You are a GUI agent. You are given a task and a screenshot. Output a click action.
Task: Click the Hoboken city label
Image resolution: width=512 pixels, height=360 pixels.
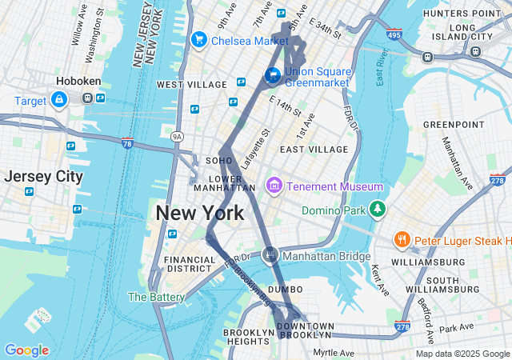click(78, 81)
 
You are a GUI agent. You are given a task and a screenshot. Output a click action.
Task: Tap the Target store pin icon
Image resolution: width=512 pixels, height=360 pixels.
click(58, 99)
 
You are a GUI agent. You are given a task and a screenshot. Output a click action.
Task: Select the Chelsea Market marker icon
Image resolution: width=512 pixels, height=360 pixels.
click(198, 39)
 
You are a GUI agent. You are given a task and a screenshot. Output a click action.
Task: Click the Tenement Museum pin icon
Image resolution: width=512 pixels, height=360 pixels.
click(274, 186)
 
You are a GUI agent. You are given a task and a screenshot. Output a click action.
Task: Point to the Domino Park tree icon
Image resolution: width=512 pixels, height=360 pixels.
click(377, 210)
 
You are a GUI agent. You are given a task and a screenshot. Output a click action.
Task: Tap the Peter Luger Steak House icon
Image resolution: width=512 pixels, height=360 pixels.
click(402, 239)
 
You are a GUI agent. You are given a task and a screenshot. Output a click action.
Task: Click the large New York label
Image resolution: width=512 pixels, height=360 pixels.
click(199, 213)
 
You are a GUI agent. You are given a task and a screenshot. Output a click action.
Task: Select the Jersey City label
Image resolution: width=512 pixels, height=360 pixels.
click(44, 176)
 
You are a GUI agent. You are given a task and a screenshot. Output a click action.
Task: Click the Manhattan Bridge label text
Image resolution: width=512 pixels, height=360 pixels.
click(326, 256)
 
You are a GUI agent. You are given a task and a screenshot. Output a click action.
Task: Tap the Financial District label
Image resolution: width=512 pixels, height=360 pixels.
click(190, 264)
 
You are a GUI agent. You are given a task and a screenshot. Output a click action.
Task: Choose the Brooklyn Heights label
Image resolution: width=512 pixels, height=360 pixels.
click(249, 337)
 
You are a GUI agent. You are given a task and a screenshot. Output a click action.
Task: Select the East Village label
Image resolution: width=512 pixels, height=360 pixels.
click(314, 149)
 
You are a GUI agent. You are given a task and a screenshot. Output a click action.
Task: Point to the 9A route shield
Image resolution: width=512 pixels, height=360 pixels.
click(178, 137)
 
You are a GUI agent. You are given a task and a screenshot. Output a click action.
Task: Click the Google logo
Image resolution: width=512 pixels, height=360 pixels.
click(26, 350)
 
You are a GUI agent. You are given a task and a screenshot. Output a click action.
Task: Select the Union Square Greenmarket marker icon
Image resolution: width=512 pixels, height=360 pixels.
click(273, 75)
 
